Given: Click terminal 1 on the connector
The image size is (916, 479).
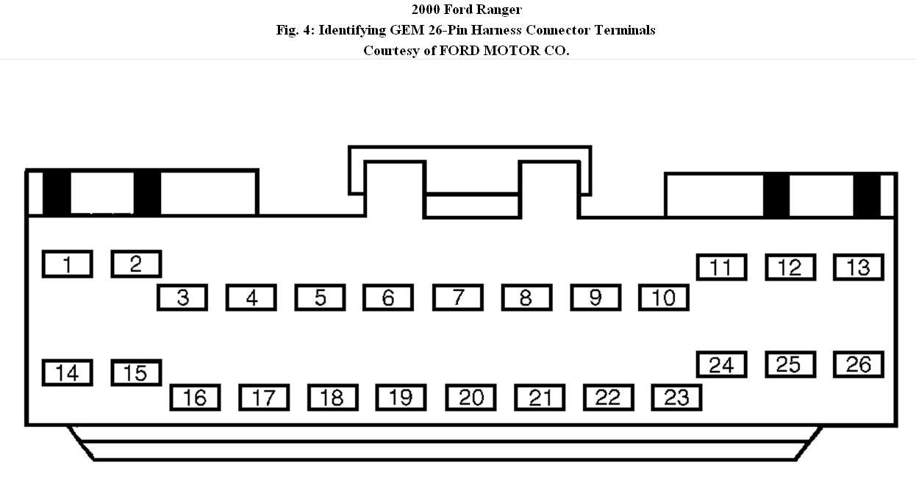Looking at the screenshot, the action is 68,264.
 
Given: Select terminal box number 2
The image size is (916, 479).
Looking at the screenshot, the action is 136,264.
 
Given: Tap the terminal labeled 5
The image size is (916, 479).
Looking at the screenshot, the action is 321,298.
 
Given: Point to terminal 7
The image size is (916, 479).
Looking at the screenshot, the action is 458,298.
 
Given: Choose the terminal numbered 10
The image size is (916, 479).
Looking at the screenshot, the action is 664,298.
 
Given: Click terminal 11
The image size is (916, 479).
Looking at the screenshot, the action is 721,267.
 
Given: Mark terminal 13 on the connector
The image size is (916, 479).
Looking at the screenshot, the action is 858,267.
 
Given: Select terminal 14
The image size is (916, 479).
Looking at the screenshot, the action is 68,373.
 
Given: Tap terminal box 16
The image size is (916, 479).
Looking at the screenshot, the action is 195,397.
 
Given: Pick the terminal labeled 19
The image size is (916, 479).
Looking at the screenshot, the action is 401,397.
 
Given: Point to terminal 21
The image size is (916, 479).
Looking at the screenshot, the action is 540,397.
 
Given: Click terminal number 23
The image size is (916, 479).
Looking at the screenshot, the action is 676,397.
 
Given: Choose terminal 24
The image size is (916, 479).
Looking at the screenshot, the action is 721,364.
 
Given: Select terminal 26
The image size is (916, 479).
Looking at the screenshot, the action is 858,364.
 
